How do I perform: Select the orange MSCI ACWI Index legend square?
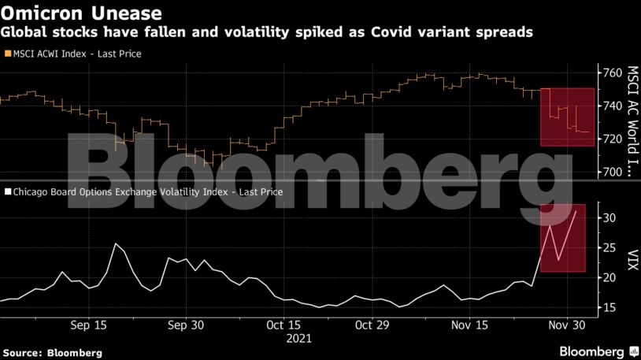(x=7, y=54)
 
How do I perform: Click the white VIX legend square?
(x=7, y=191)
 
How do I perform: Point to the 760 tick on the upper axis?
(x=612, y=72)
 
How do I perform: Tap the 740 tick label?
(x=612, y=106)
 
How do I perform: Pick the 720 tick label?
(x=612, y=139)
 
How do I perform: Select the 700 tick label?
(x=612, y=172)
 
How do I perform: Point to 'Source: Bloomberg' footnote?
(x=52, y=353)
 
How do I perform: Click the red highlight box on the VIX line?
(x=562, y=238)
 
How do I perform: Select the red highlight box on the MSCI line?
(x=567, y=117)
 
